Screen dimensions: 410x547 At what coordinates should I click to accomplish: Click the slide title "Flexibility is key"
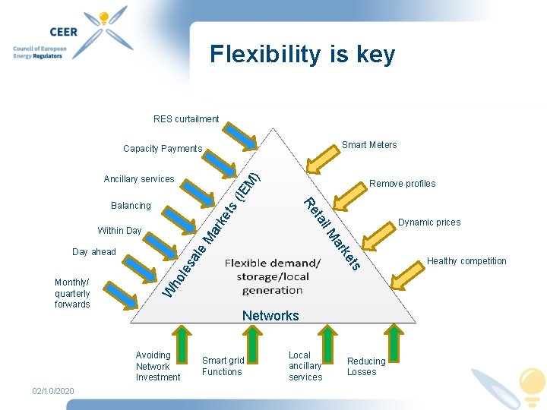pyautogui.click(x=302, y=55)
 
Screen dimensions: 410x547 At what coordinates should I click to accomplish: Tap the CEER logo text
pyautogui.click(x=42, y=33)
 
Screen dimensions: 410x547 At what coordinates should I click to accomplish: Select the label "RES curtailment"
pyautogui.click(x=186, y=119)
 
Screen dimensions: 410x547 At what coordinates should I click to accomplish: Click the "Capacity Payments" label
pyautogui.click(x=163, y=149)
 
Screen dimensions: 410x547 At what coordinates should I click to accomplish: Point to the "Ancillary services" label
pyautogui.click(x=139, y=179)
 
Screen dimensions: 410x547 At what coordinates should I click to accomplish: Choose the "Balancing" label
pyautogui.click(x=131, y=206)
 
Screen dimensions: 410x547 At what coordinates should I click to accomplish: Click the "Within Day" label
pyautogui.click(x=119, y=231)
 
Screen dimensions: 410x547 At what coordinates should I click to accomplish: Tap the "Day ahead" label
pyautogui.click(x=94, y=252)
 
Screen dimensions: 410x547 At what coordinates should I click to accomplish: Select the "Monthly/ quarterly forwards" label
pyautogui.click(x=72, y=293)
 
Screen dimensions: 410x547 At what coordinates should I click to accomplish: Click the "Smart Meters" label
pyautogui.click(x=369, y=145)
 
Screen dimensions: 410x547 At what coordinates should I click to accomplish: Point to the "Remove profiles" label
pyautogui.click(x=403, y=184)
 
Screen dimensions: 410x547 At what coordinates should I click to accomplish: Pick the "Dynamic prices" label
pyautogui.click(x=429, y=222)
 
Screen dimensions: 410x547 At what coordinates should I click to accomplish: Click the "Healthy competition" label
pyautogui.click(x=466, y=261)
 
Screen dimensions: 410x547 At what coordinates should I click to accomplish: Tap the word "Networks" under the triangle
pyautogui.click(x=270, y=316)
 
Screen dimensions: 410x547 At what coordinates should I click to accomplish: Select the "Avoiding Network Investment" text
pyautogui.click(x=158, y=366)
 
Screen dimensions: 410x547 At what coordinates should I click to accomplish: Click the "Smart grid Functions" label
pyautogui.click(x=223, y=366)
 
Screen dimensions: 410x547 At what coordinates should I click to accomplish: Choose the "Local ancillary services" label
pyautogui.click(x=305, y=366)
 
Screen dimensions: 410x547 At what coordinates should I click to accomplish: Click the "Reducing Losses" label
pyautogui.click(x=366, y=367)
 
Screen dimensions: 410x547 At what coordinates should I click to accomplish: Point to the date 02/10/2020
pyautogui.click(x=53, y=391)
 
